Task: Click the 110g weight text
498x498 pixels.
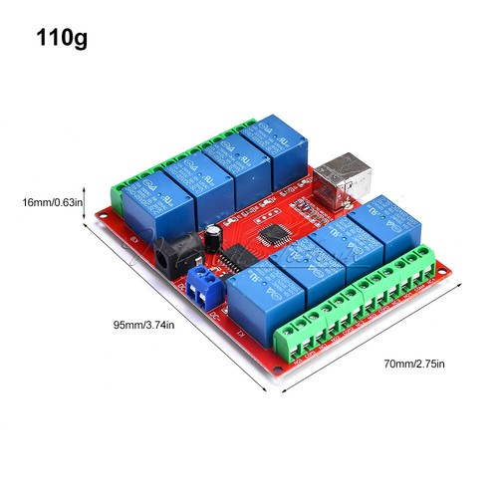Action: point(62,39)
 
